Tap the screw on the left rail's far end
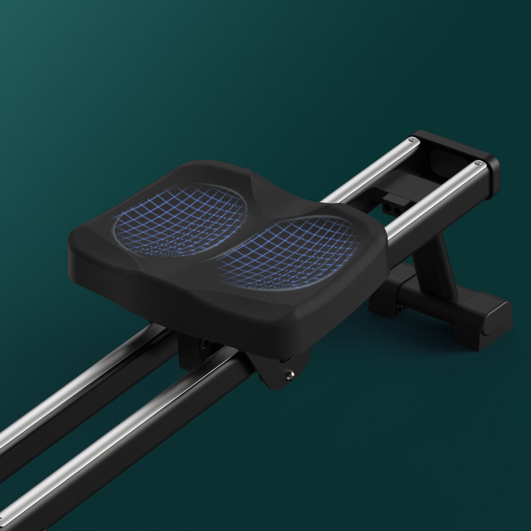[x=412, y=141]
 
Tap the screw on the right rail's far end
[x=478, y=163]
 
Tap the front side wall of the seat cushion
[x=212, y=301]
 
